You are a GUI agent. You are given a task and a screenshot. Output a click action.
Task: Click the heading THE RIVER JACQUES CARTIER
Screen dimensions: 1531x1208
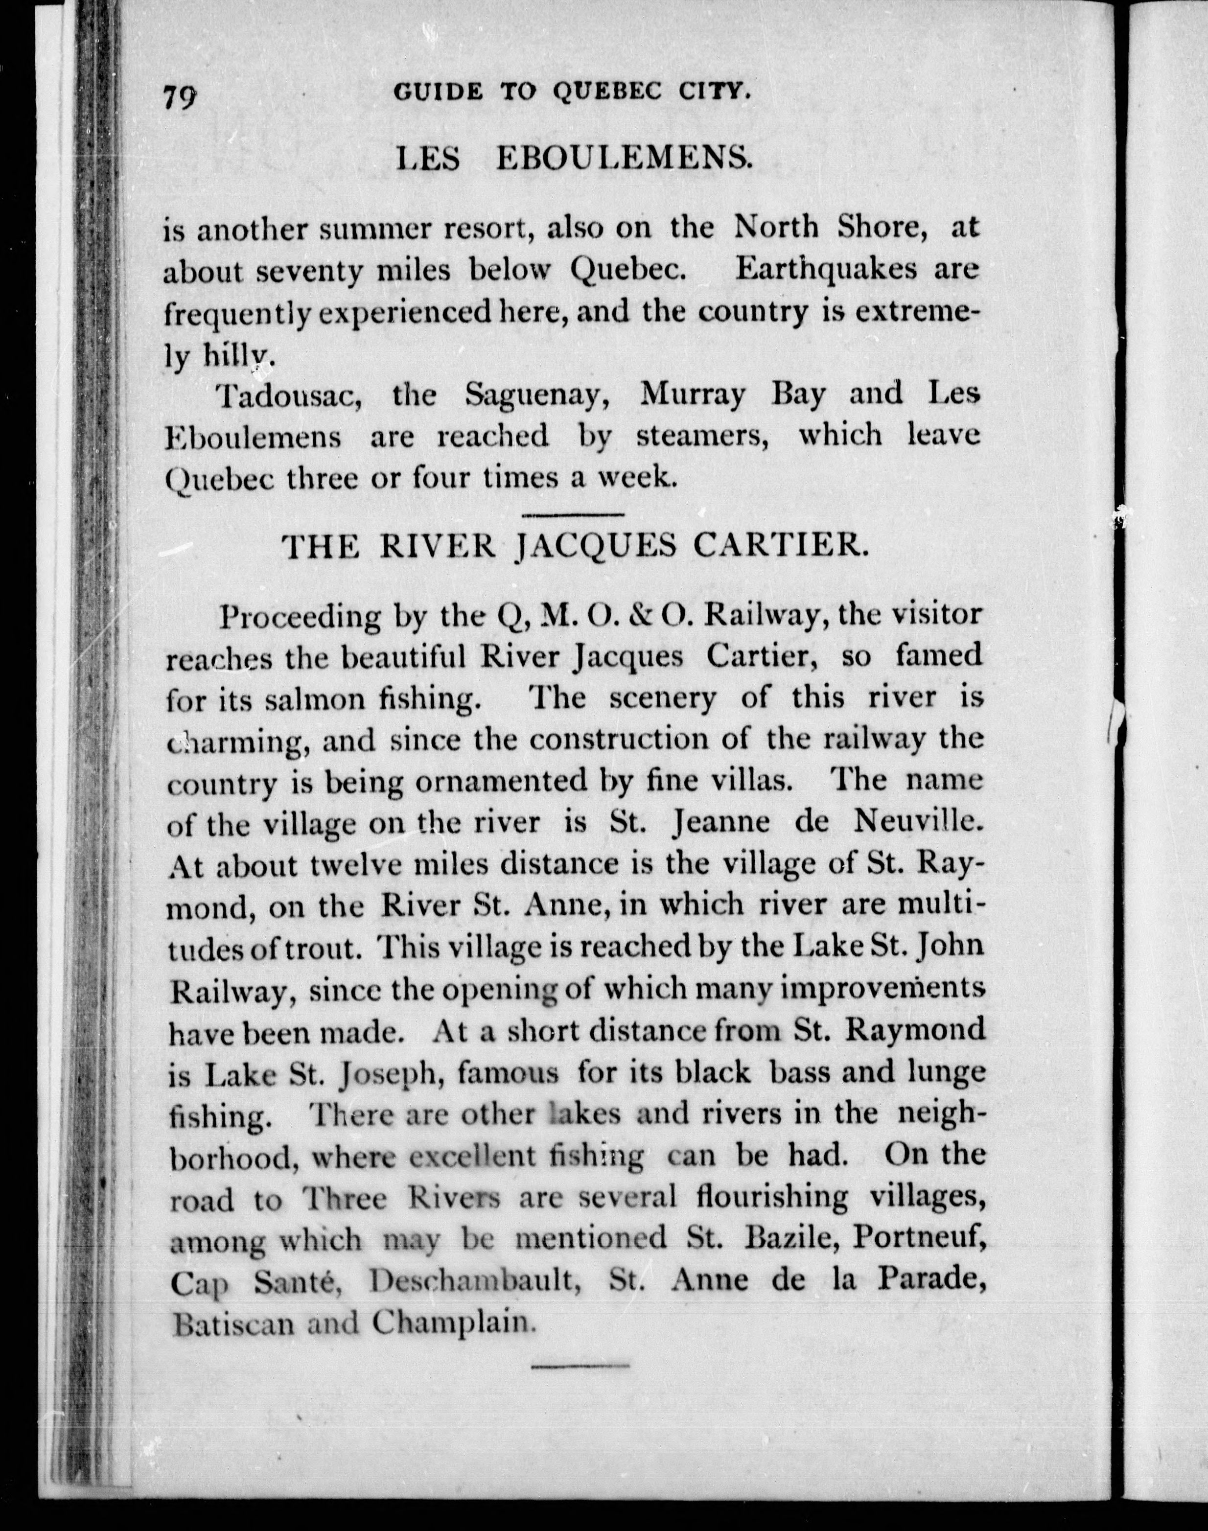coord(574,547)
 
